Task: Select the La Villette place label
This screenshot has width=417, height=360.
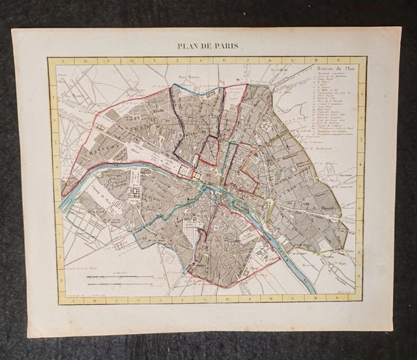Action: click(x=280, y=70)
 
